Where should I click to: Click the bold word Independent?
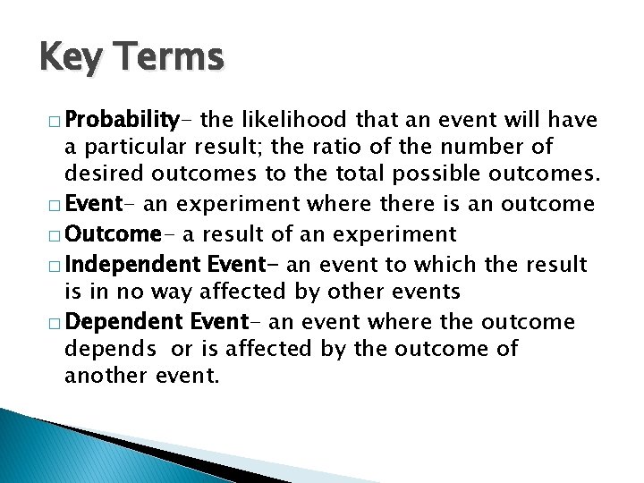point(134,264)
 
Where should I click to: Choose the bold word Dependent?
point(125,322)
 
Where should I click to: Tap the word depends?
point(104,349)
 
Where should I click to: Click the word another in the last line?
point(99,376)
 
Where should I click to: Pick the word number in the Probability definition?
point(488,146)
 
